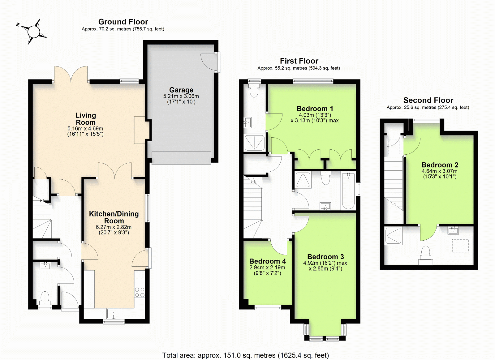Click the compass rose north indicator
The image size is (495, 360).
pyautogui.click(x=18, y=25)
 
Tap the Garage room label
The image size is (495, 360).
pyautogui.click(x=181, y=90)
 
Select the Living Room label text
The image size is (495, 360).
pyautogui.click(x=85, y=119)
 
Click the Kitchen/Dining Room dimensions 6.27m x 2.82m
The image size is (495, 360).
pyautogui.click(x=114, y=227)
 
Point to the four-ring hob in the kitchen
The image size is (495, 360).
pyautogui.click(x=140, y=292)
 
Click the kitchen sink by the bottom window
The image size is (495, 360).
pyautogui.click(x=114, y=314)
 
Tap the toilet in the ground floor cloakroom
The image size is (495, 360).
pyautogui.click(x=45, y=298)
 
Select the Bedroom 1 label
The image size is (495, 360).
pyautogui.click(x=315, y=109)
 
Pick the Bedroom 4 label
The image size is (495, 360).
pyautogui.click(x=267, y=261)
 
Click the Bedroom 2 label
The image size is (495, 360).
pyautogui.click(x=440, y=165)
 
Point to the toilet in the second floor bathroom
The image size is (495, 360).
pyautogui.click(x=426, y=256)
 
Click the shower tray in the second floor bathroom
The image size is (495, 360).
pyautogui.click(x=393, y=236)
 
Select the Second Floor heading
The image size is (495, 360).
pyautogui.click(x=428, y=100)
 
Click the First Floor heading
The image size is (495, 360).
pyautogui.click(x=299, y=61)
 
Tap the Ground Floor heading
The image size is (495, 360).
pyautogui.click(x=123, y=22)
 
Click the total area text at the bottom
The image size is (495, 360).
pyautogui.click(x=246, y=355)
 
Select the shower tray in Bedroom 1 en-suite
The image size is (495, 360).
pyautogui.click(x=255, y=143)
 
